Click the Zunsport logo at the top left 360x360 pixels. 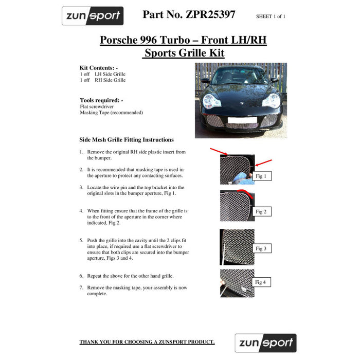coord(93,16)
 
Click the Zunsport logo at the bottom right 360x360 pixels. coord(266,343)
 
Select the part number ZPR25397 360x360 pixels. coord(210,14)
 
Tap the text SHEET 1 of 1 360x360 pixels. coord(271,16)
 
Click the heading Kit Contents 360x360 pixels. coord(99,68)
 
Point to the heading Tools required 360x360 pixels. coord(101,100)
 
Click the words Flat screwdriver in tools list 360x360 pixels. coord(97,106)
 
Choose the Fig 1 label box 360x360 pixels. coord(262,176)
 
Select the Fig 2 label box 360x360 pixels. coord(262,211)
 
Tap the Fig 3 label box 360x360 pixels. coord(262,248)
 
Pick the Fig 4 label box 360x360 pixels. coord(261,282)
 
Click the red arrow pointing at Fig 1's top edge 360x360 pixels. coord(219,152)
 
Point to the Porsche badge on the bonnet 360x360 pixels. coord(242,103)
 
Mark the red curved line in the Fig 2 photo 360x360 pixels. coord(246,192)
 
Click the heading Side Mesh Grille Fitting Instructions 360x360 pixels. coord(127,139)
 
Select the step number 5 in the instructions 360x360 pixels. coord(81,240)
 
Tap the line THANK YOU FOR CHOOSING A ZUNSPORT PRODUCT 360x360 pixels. coord(147,342)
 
